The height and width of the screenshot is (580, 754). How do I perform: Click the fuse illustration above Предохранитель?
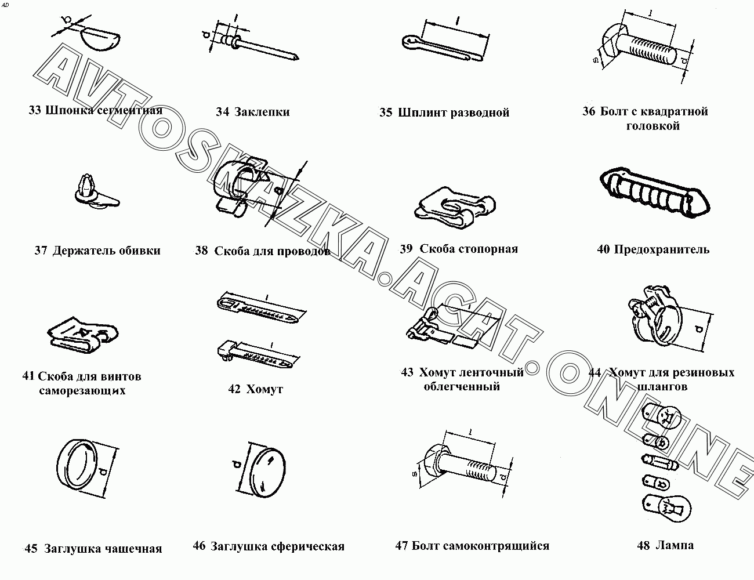pyautogui.click(x=654, y=193)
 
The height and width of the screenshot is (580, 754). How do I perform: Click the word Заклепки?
pyautogui.click(x=262, y=112)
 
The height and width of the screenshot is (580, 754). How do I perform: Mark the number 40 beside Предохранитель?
pyautogui.click(x=603, y=249)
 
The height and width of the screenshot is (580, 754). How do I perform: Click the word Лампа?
pyautogui.click(x=675, y=545)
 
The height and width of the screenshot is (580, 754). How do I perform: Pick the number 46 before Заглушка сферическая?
pyautogui.click(x=200, y=546)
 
